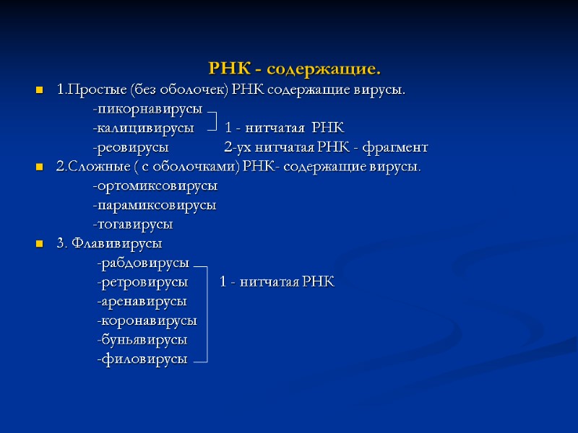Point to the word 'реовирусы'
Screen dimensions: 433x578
(x=131, y=147)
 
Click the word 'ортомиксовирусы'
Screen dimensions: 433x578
(x=156, y=186)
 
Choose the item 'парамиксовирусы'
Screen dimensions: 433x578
(x=155, y=205)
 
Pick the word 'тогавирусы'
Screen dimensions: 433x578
(x=134, y=224)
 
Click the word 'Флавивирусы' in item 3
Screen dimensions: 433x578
(x=116, y=242)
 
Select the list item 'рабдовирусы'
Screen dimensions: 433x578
(x=144, y=262)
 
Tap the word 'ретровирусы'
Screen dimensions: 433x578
(x=144, y=281)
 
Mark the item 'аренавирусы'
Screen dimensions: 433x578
(x=143, y=300)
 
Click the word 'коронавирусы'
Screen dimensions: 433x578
(x=148, y=320)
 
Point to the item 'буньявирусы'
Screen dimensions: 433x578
(x=143, y=339)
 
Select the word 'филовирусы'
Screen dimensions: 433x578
(x=143, y=359)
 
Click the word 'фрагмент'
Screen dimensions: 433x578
(x=397, y=147)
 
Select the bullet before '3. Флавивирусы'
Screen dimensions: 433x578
(x=39, y=244)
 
